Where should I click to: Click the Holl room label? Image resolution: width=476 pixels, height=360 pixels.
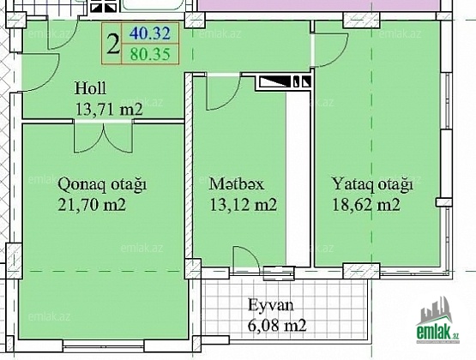(x=90, y=88)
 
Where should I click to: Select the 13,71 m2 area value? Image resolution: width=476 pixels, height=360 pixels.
(x=109, y=110)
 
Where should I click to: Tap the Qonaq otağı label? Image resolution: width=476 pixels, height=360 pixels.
(x=102, y=184)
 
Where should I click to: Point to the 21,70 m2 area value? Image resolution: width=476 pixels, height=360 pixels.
(x=92, y=205)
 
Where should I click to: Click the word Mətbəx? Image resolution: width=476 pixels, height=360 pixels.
(x=237, y=184)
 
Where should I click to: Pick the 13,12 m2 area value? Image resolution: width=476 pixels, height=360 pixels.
(x=244, y=205)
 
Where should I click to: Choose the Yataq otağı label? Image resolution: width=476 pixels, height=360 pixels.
(x=372, y=184)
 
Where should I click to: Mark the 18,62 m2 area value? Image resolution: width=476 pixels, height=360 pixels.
(x=366, y=205)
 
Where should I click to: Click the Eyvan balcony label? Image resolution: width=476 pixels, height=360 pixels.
(x=271, y=305)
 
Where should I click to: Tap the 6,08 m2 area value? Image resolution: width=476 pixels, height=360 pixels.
(x=277, y=326)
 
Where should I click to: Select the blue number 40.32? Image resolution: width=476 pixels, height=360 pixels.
(x=149, y=33)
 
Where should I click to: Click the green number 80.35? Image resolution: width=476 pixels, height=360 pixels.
(x=150, y=54)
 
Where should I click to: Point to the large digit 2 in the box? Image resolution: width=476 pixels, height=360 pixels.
(x=113, y=45)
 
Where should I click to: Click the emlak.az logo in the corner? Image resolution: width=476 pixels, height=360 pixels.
(x=437, y=321)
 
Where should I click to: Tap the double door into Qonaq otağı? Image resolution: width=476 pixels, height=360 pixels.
(x=103, y=136)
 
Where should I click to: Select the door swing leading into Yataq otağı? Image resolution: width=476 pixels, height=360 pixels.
(x=329, y=50)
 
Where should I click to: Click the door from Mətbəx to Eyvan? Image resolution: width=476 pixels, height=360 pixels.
(x=246, y=261)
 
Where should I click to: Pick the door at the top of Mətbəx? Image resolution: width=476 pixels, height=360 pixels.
(x=224, y=92)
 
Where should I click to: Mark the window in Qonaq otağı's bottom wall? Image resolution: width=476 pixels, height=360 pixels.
(x=103, y=345)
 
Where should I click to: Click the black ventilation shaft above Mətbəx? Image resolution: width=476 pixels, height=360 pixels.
(x=284, y=82)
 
